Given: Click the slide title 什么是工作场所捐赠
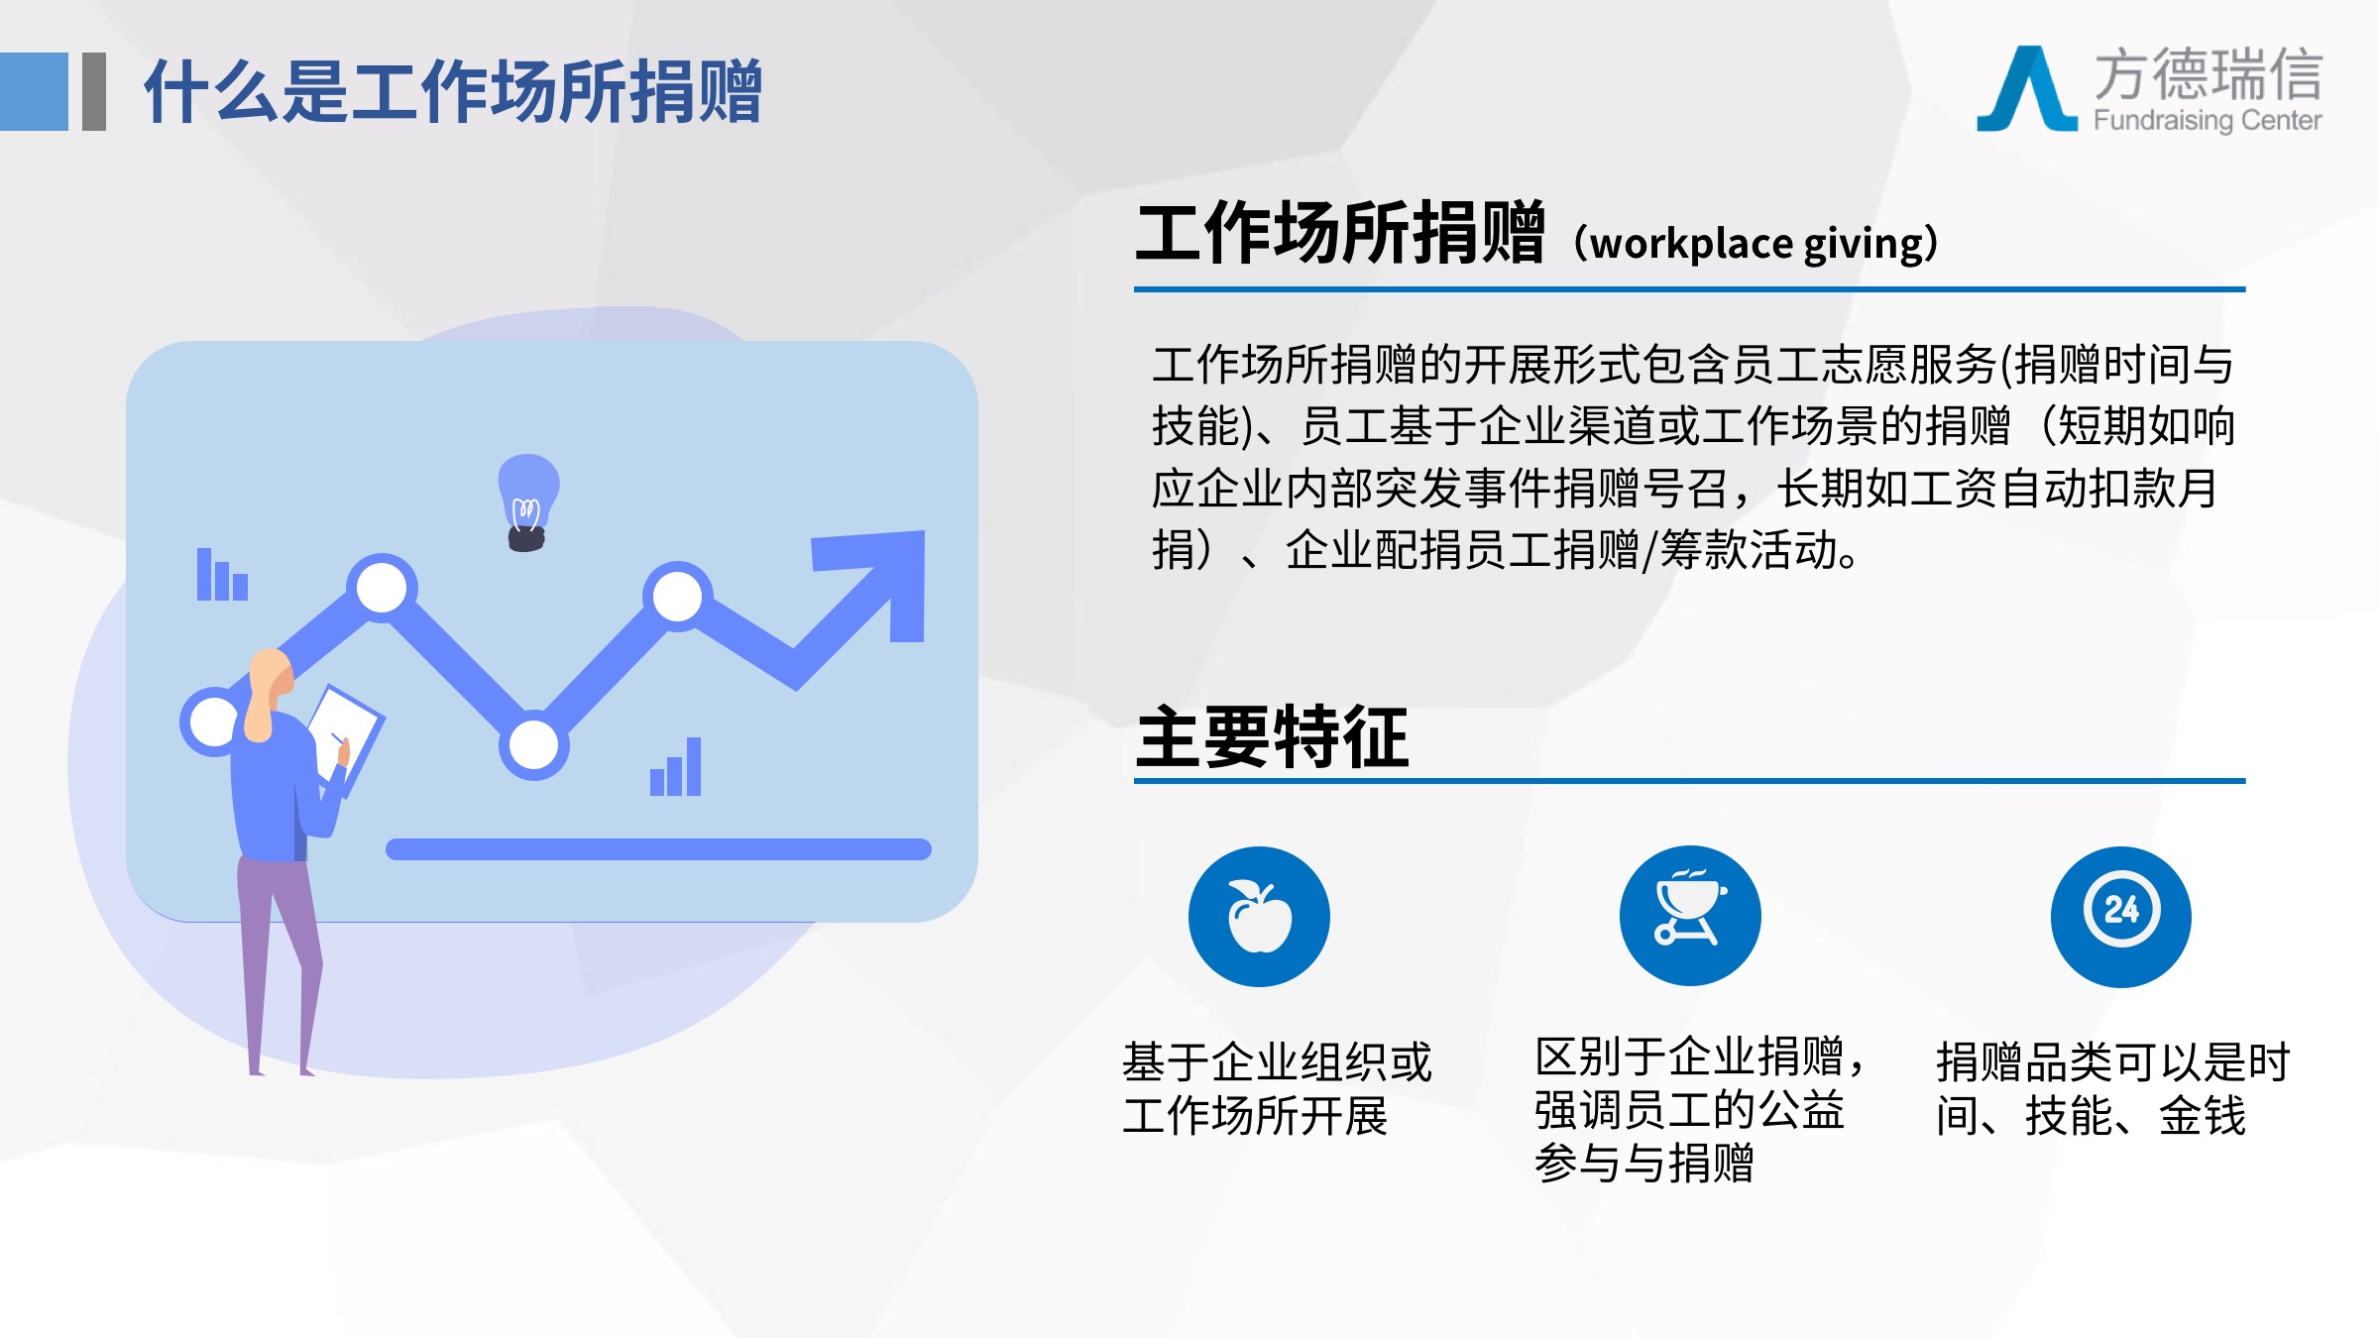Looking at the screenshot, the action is click(453, 91).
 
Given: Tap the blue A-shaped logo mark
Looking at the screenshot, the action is click(2026, 89).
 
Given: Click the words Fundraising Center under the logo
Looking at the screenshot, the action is click(2208, 121).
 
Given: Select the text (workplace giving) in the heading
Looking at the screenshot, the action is click(1756, 244).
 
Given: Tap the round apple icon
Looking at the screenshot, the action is click(1259, 916).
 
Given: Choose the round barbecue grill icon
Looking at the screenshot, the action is click(1690, 916).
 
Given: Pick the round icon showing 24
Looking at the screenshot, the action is click(2121, 916).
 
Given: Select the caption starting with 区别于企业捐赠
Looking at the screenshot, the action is click(1700, 1109).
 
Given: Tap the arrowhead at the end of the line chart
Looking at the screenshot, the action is click(876, 581).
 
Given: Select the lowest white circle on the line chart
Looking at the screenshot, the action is click(533, 745).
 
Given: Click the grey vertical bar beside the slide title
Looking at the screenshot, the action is click(94, 91).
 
